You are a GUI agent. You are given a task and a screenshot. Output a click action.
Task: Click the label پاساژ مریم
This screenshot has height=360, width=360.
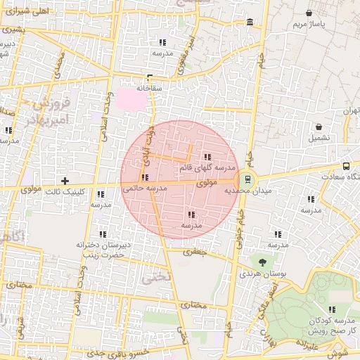click(309, 25)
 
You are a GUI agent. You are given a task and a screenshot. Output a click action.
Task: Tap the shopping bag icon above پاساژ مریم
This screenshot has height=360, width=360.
click(309, 13)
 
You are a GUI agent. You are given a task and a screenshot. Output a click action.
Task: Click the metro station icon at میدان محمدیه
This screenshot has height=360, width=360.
click(247, 179)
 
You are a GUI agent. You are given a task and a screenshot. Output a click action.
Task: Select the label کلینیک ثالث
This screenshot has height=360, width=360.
click(64, 191)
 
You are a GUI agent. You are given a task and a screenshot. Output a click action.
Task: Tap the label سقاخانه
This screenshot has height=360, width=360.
click(149, 89)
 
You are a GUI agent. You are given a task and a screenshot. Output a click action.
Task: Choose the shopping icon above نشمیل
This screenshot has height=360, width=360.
click(320, 127)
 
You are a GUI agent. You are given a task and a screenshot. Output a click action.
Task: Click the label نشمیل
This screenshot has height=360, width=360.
click(320, 138)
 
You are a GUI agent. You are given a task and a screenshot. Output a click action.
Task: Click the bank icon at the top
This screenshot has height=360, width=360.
click(251, 25)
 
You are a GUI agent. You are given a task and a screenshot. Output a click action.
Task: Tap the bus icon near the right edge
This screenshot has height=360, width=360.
click(346, 167)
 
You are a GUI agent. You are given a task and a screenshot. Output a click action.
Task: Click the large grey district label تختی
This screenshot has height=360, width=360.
click(155, 276)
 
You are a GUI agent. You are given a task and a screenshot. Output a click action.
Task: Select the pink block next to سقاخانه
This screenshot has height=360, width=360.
click(134, 98)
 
